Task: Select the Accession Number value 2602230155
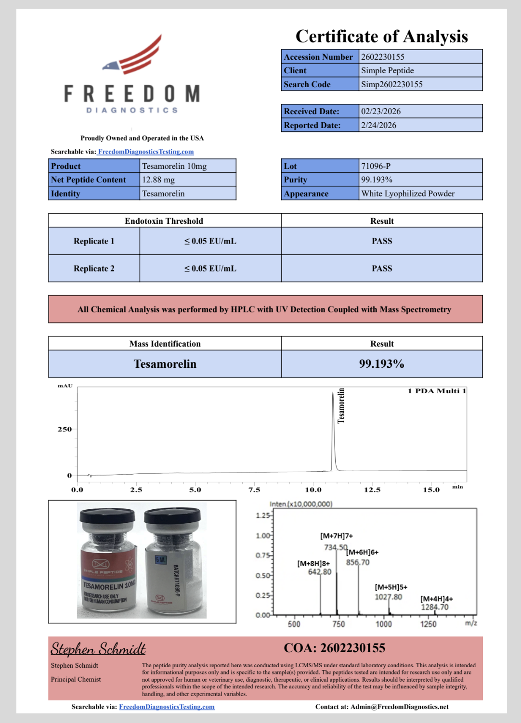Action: coord(383,57)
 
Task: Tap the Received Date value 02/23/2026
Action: coord(381,111)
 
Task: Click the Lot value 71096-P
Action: coord(376,166)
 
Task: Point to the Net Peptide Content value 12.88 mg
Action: coord(158,180)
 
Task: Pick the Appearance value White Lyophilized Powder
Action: coord(408,194)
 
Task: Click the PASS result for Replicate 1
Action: coord(382,241)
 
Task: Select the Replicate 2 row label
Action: coord(94,269)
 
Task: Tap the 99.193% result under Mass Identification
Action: coord(381,364)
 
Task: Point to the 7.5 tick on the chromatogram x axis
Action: coord(254,490)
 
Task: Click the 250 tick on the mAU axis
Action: coord(65,429)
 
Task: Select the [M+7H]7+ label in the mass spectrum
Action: coord(337,536)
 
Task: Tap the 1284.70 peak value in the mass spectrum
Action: coord(435,607)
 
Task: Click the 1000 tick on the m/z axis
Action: coord(384,624)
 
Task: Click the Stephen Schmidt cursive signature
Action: coord(98,649)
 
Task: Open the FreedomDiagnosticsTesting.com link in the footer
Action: coord(167,707)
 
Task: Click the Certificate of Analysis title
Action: coord(382,37)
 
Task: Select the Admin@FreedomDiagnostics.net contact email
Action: coord(399,707)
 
